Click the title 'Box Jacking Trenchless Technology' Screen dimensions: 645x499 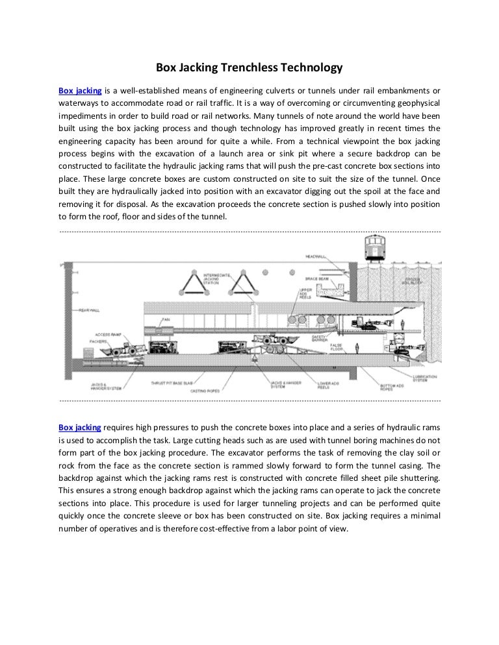[x=249, y=67]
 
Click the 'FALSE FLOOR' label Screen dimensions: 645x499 [x=339, y=350]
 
